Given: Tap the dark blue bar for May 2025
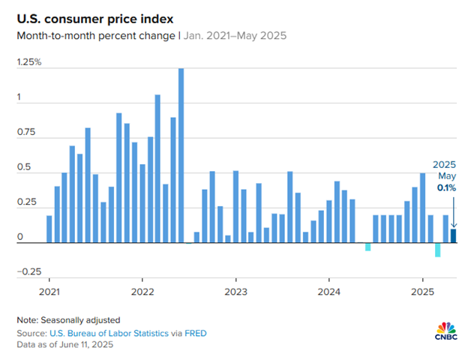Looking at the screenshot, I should [x=453, y=236].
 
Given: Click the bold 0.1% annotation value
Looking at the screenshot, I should [x=447, y=187].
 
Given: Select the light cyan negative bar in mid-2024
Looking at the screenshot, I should [x=367, y=247].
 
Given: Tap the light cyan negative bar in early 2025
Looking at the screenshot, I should [x=437, y=250].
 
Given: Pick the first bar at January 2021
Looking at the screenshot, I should [x=49, y=229].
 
